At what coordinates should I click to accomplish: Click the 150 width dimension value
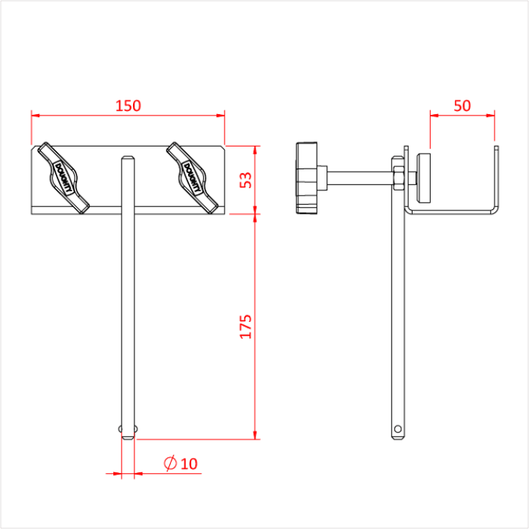[x=128, y=106]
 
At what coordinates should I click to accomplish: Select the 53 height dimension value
[x=244, y=179]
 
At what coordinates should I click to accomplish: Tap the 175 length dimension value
[x=246, y=326]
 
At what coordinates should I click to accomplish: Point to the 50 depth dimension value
[x=462, y=106]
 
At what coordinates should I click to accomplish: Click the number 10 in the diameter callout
[x=188, y=463]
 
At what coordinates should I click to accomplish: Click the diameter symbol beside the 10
[x=170, y=463]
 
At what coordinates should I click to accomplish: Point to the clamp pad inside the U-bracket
[x=424, y=178]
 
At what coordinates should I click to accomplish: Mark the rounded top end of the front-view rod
[x=128, y=159]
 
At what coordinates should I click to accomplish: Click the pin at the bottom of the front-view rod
[x=128, y=431]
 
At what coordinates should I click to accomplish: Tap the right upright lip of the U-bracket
[x=497, y=178]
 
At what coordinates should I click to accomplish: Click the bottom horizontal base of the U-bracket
[x=452, y=212]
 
